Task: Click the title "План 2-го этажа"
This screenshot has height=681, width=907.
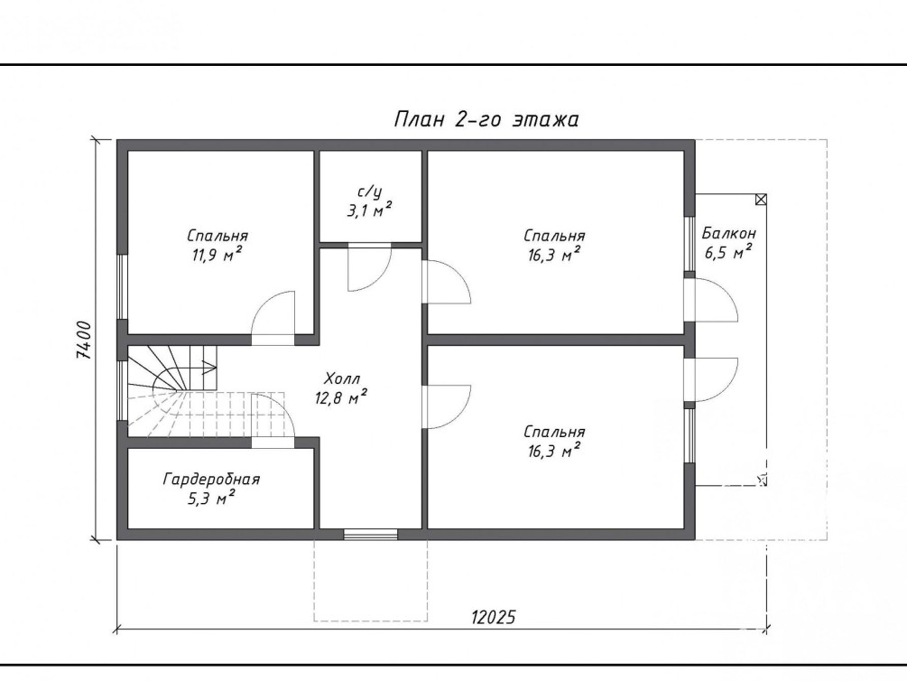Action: pyautogui.click(x=486, y=119)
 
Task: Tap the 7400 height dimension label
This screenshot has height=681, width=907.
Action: pyautogui.click(x=83, y=340)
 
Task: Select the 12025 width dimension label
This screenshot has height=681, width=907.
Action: pyautogui.click(x=493, y=617)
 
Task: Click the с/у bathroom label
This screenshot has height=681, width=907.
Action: pyautogui.click(x=370, y=191)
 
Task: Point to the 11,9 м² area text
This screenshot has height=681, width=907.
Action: pyautogui.click(x=217, y=254)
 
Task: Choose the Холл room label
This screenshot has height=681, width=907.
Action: pyautogui.click(x=342, y=379)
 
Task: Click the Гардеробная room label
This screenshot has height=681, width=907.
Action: pyautogui.click(x=211, y=480)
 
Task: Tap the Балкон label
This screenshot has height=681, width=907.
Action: pyautogui.click(x=729, y=233)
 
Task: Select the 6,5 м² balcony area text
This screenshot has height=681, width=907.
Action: pyautogui.click(x=728, y=253)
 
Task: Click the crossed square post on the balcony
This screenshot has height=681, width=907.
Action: pyautogui.click(x=761, y=200)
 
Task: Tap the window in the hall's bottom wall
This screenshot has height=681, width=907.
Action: pyautogui.click(x=371, y=535)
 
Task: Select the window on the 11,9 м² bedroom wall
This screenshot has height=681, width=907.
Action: pyautogui.click(x=122, y=286)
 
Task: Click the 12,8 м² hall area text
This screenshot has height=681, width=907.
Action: pyautogui.click(x=341, y=397)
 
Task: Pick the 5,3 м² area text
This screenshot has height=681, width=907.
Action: pyautogui.click(x=211, y=498)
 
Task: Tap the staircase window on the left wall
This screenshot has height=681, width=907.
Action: pyautogui.click(x=122, y=390)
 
